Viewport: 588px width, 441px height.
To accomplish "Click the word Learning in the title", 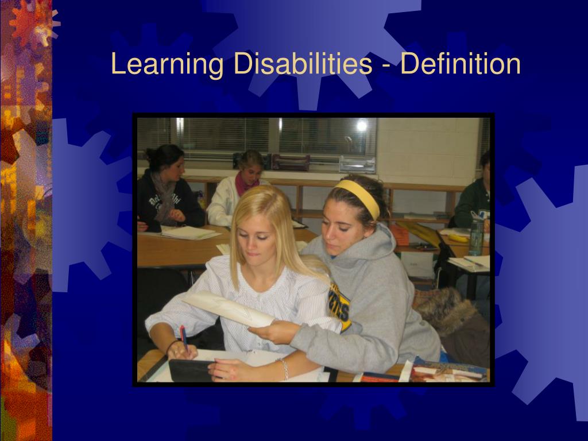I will tap(167, 64).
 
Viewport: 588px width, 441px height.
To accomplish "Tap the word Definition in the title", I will tap(461, 64).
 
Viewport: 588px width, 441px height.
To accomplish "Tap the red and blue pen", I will tap(184, 338).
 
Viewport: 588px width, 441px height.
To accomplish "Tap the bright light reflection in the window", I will tap(361, 125).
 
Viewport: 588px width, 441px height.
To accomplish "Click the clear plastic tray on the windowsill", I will tap(357, 165).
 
